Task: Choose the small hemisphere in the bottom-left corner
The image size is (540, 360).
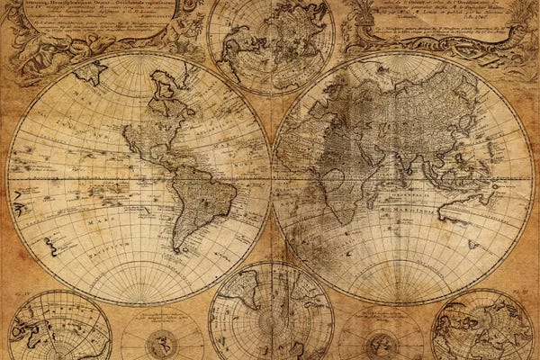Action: coord(58,328)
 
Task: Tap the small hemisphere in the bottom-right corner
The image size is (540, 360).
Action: coord(481,328)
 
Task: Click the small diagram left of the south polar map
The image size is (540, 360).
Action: coord(162,337)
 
